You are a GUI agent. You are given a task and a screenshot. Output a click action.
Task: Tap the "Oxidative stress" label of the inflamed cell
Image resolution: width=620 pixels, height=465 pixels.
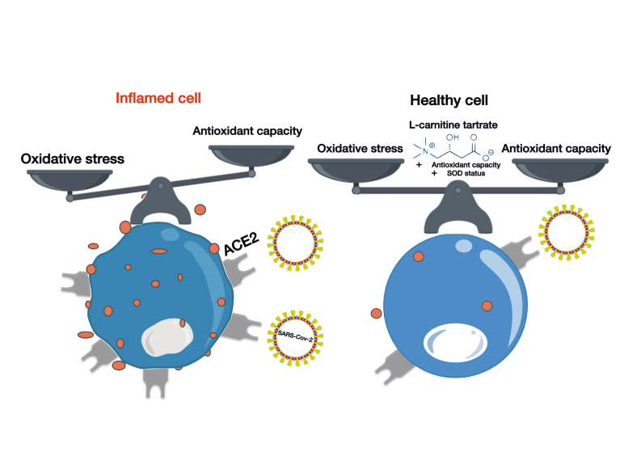click(x=71, y=159)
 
